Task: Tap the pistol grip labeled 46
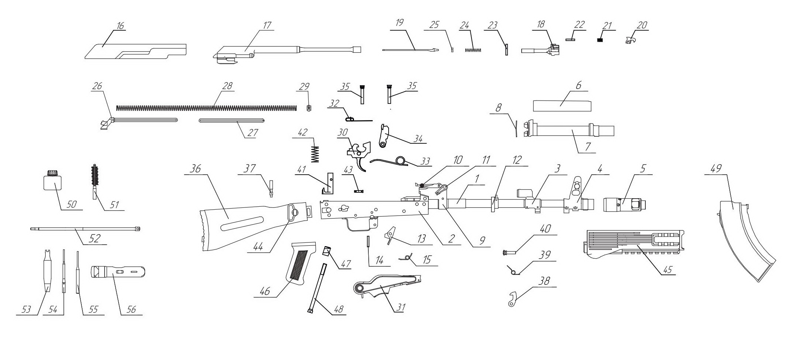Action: coord(300,263)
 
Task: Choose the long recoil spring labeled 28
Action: coord(206,108)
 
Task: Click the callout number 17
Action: coord(267,25)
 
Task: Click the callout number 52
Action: coord(94,238)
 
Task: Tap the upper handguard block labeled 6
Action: coord(562,106)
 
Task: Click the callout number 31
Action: coord(400,307)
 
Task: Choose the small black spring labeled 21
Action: coord(599,40)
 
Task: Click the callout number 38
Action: coord(544,281)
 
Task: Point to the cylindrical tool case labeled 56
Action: coord(118,272)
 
